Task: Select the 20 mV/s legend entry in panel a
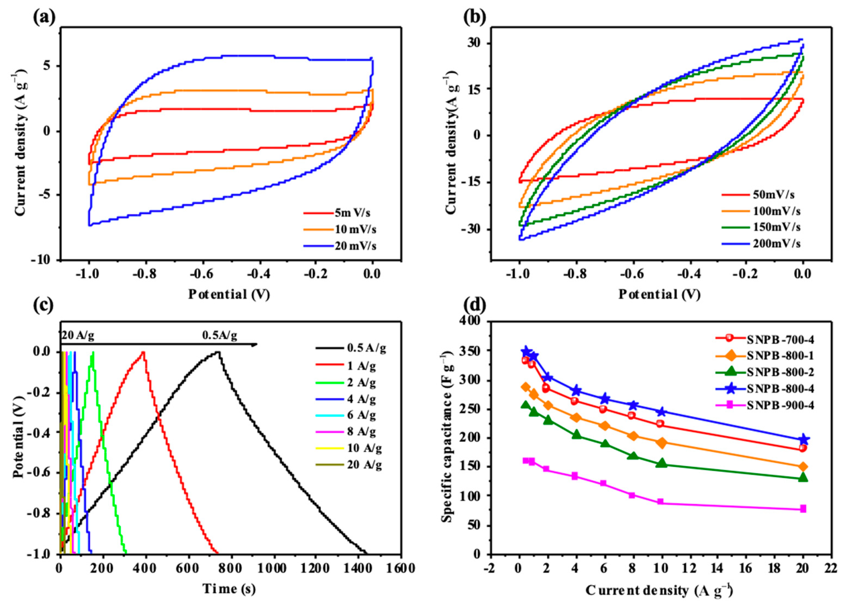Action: (355, 246)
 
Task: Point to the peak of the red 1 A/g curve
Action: (142, 352)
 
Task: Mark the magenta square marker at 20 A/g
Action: (803, 508)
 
